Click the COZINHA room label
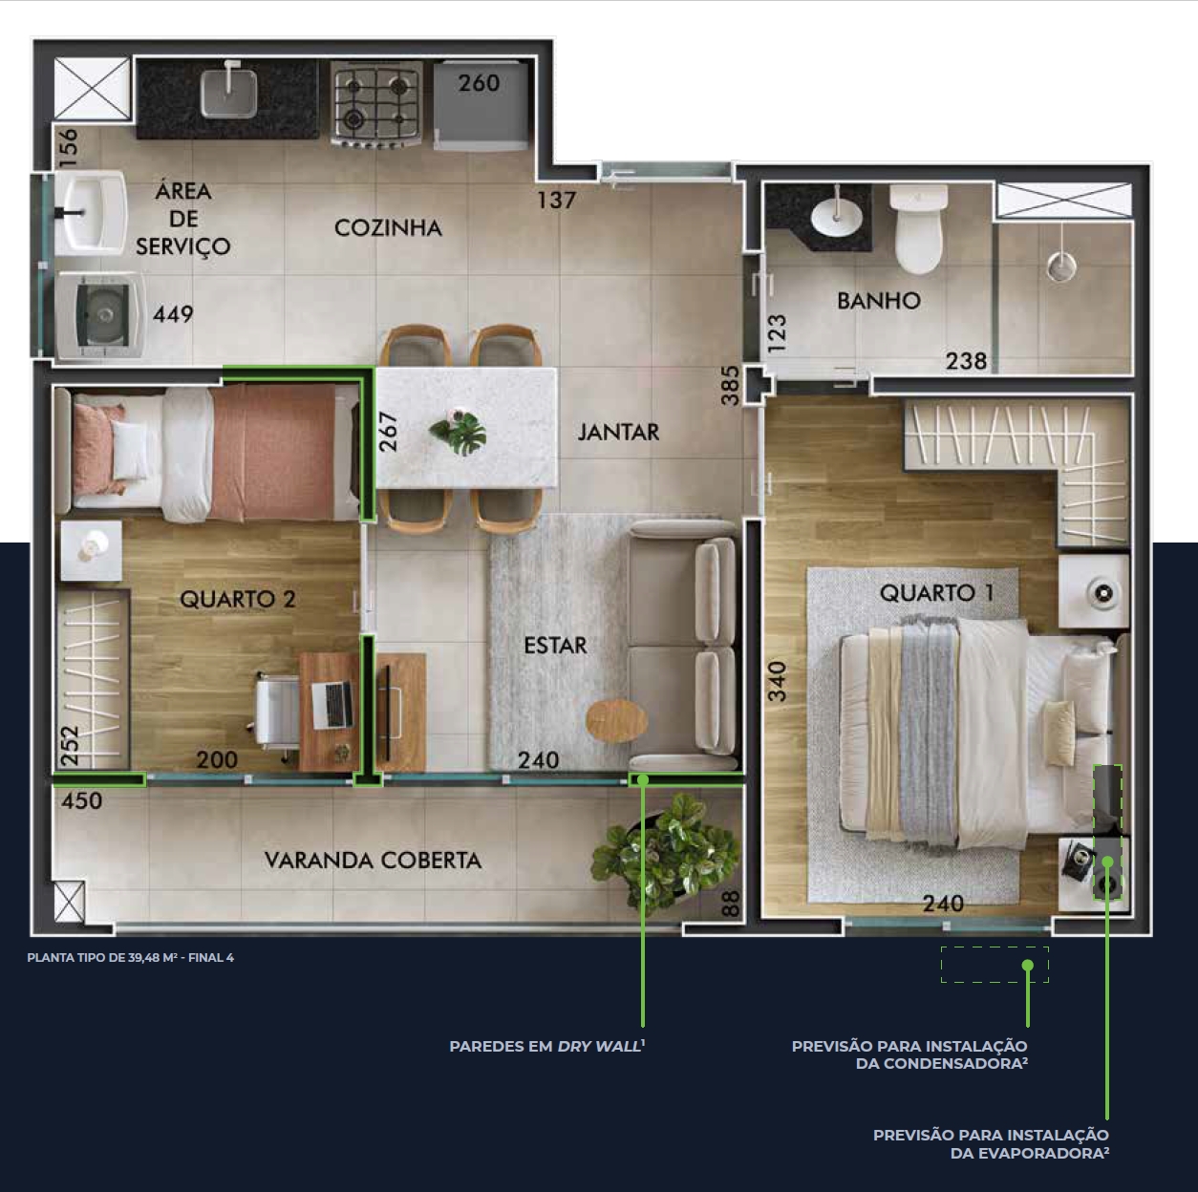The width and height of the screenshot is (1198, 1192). click(x=388, y=228)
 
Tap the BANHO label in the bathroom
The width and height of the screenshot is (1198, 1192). click(x=879, y=301)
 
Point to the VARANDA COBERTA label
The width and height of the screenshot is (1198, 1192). click(x=373, y=860)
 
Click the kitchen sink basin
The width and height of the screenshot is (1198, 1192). click(x=228, y=94)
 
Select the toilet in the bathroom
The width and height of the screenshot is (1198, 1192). click(x=918, y=229)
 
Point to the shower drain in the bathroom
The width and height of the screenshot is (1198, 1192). click(x=1061, y=266)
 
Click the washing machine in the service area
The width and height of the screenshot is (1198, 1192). click(x=100, y=315)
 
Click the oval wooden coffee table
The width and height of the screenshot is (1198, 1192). click(x=617, y=721)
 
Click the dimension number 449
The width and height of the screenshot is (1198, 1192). click(x=173, y=314)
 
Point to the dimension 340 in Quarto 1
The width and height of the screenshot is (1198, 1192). click(x=777, y=682)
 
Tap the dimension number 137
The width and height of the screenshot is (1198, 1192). click(x=556, y=201)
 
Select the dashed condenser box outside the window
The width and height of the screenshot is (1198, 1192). click(x=995, y=965)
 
